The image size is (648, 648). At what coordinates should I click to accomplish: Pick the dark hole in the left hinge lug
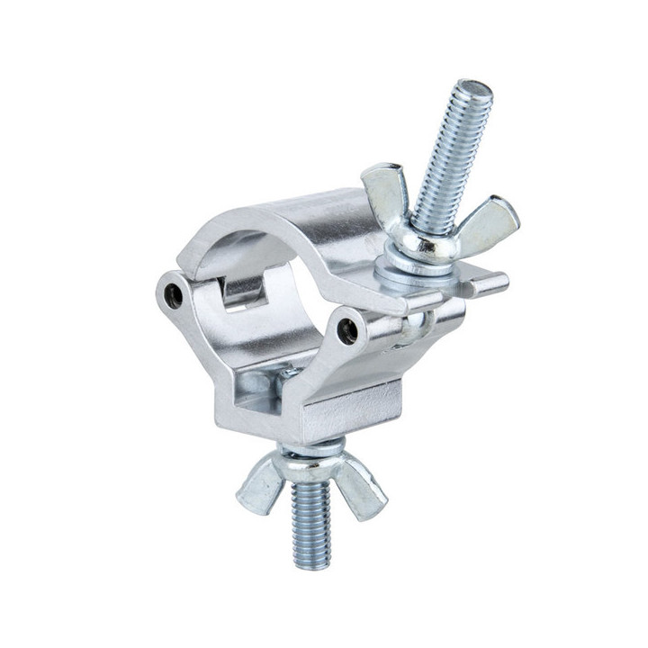point(174,293)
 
